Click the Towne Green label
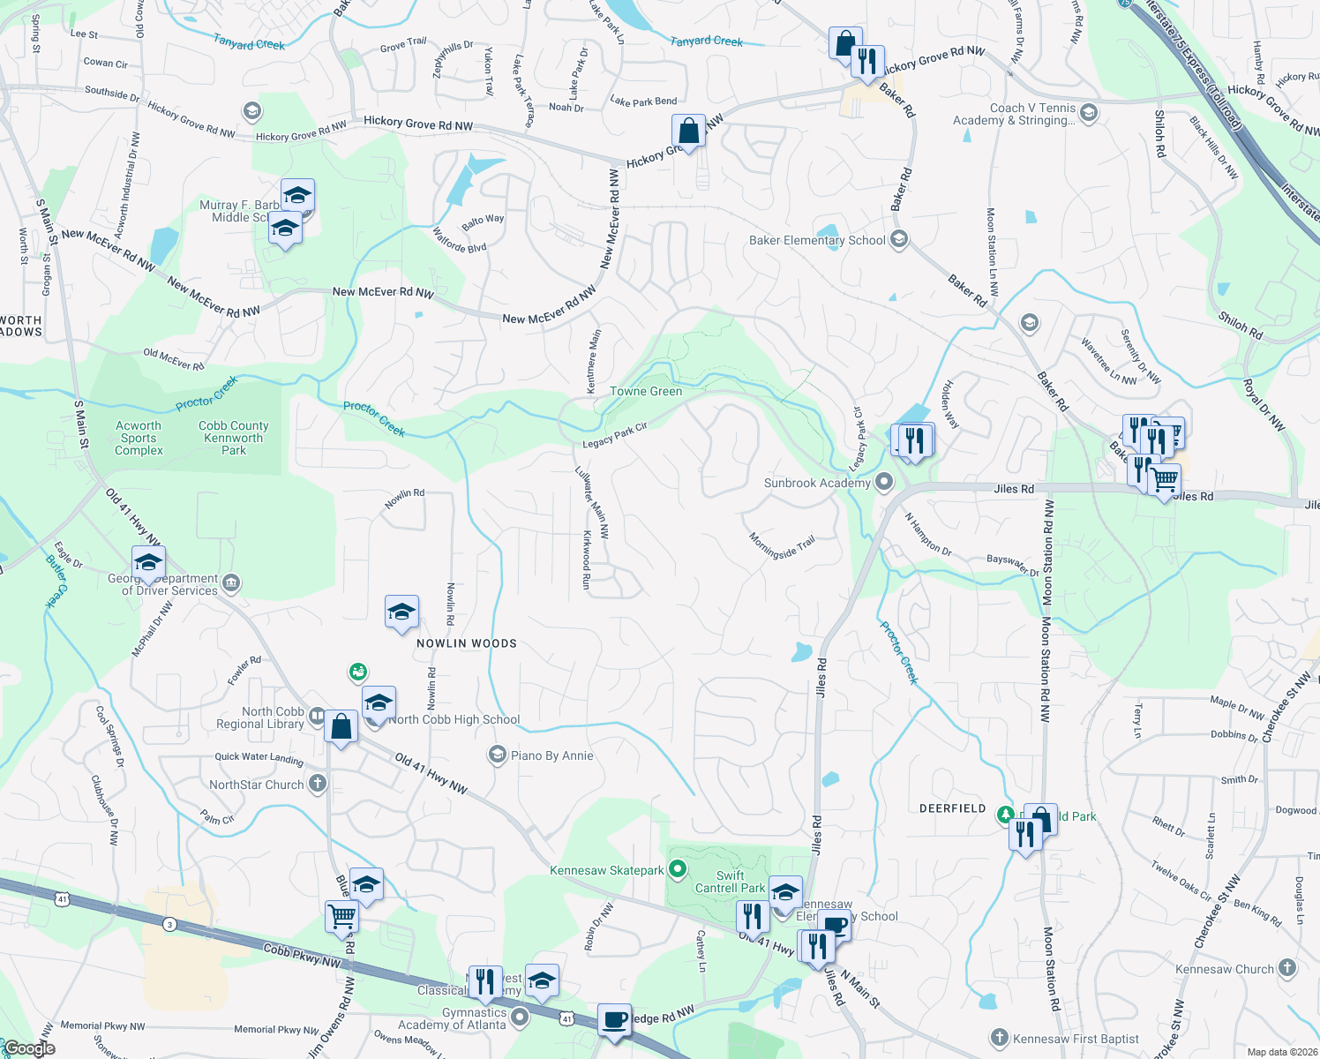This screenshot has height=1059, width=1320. pyautogui.click(x=646, y=391)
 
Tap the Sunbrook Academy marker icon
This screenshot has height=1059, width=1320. pyautogui.click(x=884, y=482)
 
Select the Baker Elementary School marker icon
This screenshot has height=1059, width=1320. pyautogui.click(x=899, y=239)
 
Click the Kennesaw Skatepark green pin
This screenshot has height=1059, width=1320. pyautogui.click(x=678, y=870)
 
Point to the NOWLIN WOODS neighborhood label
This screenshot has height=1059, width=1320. pyautogui.click(x=467, y=643)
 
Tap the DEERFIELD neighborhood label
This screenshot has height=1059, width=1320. pyautogui.click(x=953, y=808)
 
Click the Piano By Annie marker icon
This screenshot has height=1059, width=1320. pyautogui.click(x=498, y=755)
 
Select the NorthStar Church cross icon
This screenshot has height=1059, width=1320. pyautogui.click(x=318, y=784)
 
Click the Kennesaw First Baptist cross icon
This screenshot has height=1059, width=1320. pyautogui.click(x=1000, y=1038)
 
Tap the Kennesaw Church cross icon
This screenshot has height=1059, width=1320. pyautogui.click(x=1287, y=968)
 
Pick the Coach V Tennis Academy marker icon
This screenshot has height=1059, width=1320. pyautogui.click(x=1089, y=112)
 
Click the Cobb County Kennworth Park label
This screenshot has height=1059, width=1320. pyautogui.click(x=234, y=438)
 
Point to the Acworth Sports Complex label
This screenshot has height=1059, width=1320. pyautogui.click(x=139, y=438)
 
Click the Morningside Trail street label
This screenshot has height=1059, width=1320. pyautogui.click(x=783, y=546)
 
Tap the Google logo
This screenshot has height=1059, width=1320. pyautogui.click(x=29, y=1048)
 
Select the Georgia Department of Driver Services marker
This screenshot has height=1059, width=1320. pyautogui.click(x=231, y=582)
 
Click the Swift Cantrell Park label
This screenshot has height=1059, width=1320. pyautogui.click(x=730, y=882)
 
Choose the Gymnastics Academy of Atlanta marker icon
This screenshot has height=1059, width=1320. pyautogui.click(x=520, y=1018)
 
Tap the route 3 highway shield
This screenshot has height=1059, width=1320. pyautogui.click(x=169, y=924)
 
